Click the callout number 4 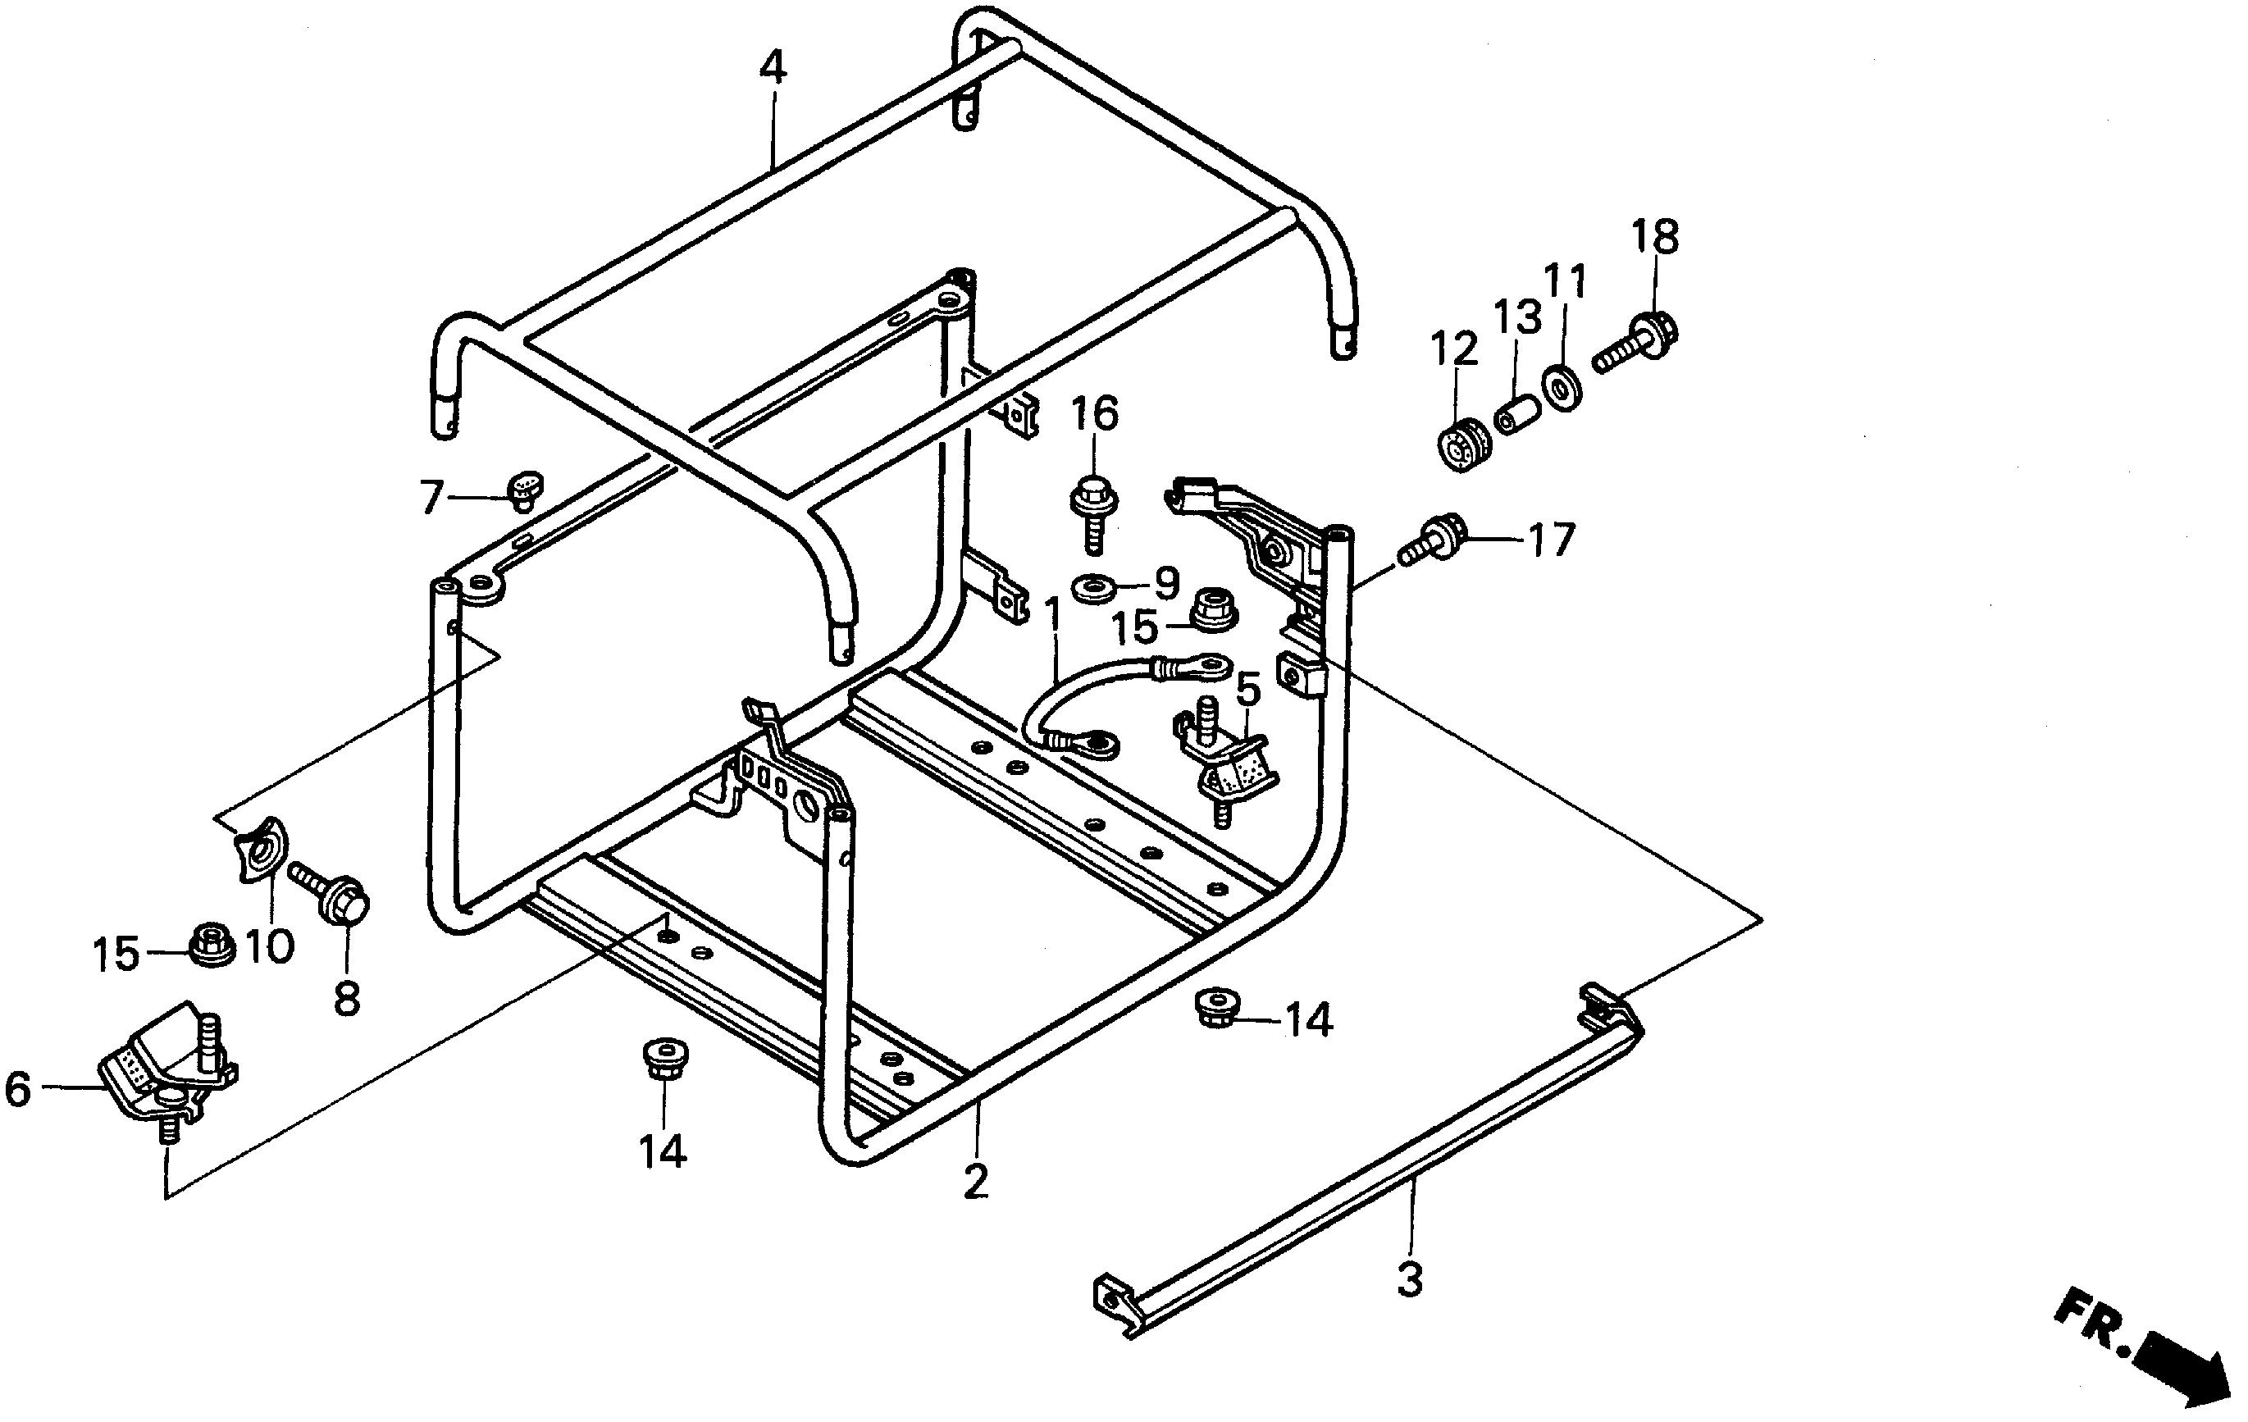pos(772,67)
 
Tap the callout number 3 pos(1409,1278)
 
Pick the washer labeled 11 pos(1562,389)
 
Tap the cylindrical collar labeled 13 pos(1518,413)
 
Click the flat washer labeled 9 pos(1092,588)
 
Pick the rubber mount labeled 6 pos(168,1064)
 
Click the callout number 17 pos(1551,540)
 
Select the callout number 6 pos(19,1089)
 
